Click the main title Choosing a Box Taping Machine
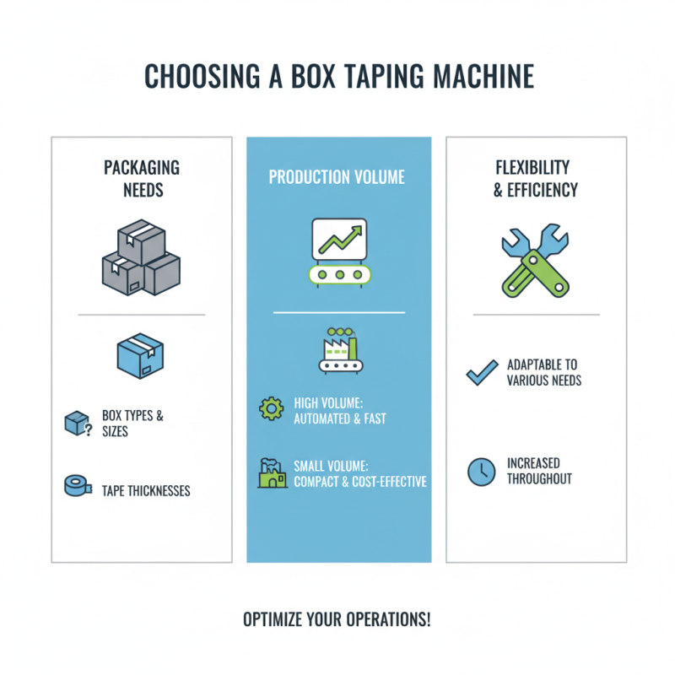click(x=338, y=76)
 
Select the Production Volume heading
click(x=337, y=177)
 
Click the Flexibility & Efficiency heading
click(x=536, y=178)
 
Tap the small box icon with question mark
click(x=77, y=424)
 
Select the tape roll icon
click(x=77, y=486)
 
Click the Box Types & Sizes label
click(x=132, y=424)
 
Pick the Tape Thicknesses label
click(x=145, y=490)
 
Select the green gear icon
click(x=271, y=409)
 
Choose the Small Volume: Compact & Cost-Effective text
click(x=359, y=473)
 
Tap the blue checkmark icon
click(x=482, y=372)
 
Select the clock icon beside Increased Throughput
click(x=481, y=471)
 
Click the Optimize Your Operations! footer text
click(x=337, y=618)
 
